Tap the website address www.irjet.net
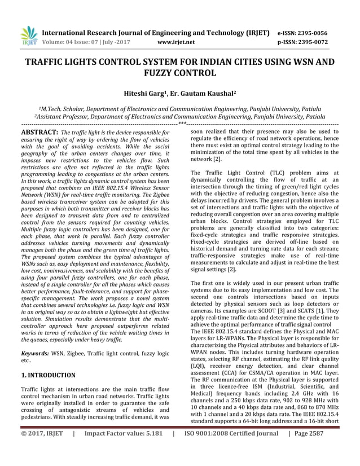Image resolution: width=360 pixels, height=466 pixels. click(177, 42)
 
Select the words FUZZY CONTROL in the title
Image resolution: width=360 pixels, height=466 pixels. click(181, 73)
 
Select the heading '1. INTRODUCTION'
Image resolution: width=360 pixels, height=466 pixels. click(48, 375)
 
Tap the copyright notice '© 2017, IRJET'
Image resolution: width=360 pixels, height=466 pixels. click(43, 451)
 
